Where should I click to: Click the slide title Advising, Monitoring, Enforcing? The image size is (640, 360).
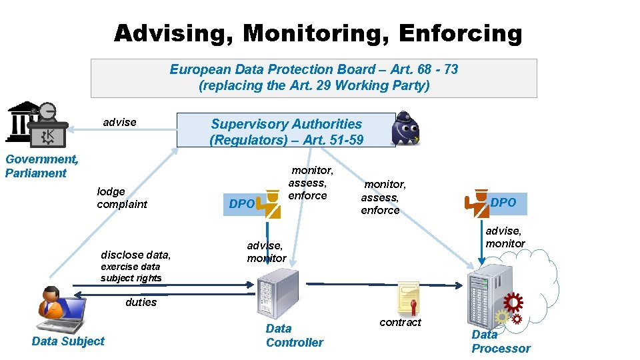click(318, 33)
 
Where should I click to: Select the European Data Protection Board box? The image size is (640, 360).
click(313, 78)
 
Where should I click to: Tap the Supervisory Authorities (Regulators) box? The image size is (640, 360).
click(286, 131)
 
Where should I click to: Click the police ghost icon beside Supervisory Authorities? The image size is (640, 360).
click(405, 129)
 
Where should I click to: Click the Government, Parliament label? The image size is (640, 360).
click(41, 166)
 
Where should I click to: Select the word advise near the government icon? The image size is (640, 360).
click(119, 122)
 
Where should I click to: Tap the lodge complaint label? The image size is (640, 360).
click(122, 198)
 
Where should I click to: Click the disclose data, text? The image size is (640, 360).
click(135, 255)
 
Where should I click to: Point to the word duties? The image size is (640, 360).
click(141, 302)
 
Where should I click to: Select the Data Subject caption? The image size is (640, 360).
click(68, 341)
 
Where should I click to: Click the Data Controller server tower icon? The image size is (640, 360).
click(278, 292)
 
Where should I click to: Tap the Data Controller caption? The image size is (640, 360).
click(294, 335)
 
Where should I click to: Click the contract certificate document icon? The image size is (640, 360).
click(408, 297)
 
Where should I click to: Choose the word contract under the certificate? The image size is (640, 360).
click(400, 322)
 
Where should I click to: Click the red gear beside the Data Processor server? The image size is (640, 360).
click(513, 303)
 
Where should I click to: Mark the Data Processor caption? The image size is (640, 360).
click(501, 341)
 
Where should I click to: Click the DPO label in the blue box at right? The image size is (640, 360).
click(503, 203)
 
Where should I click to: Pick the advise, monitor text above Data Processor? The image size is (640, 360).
click(505, 237)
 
